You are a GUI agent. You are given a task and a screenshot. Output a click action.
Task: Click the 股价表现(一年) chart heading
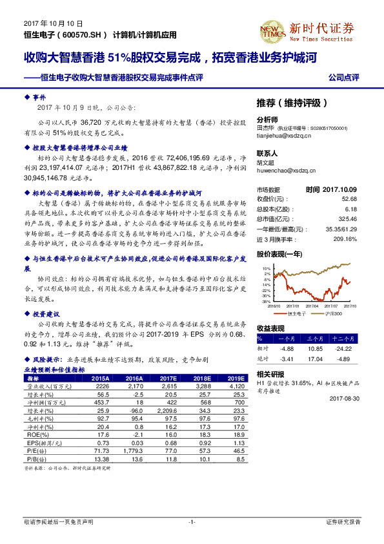[280, 255]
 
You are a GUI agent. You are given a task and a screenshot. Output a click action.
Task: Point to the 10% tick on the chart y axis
[267, 267]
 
